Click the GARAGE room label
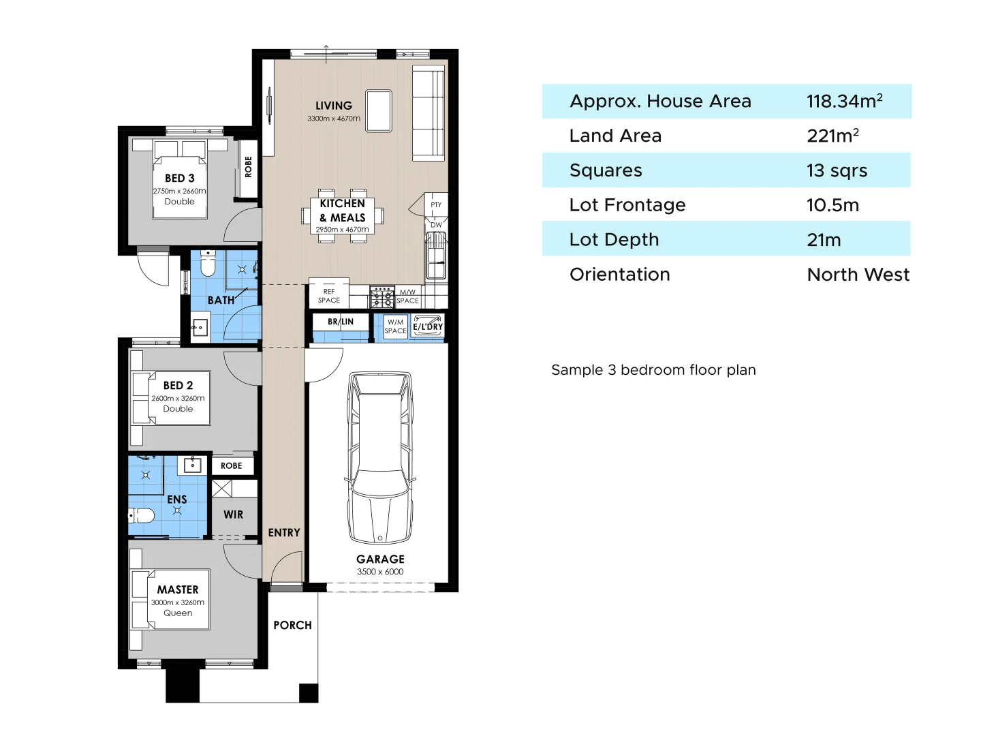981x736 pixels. point(380,559)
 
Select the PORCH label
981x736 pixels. point(292,625)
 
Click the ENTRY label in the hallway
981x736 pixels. point(283,532)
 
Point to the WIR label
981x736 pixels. point(233,515)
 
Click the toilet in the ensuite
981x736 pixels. point(142,515)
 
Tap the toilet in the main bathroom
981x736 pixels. point(208,264)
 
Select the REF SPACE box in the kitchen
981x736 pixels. point(329,295)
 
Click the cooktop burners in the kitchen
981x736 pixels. point(381,297)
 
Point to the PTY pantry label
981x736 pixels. point(436,204)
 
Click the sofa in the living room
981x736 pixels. point(429,114)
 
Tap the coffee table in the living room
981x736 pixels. point(379,110)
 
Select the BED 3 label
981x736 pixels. point(179,178)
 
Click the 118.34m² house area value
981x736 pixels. point(844,101)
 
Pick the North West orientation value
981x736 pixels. point(858,274)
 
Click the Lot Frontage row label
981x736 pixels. point(627,205)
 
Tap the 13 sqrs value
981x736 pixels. point(837,170)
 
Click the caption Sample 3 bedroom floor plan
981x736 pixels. point(653,370)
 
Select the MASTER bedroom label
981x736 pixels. point(178,589)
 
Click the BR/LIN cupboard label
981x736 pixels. point(341,322)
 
